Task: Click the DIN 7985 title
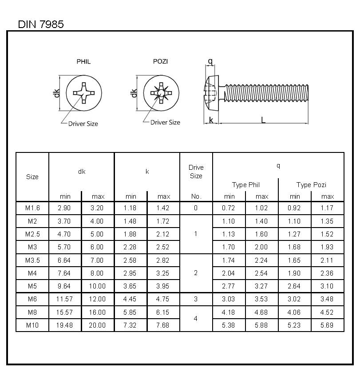tap(41, 24)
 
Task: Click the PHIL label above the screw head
tap(83, 61)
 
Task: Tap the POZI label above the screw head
tap(160, 61)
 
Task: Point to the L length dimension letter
tap(263, 120)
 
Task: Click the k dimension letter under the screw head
tap(211, 120)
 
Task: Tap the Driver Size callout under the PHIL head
tap(83, 124)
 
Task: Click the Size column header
tap(32, 177)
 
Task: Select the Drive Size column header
tap(196, 172)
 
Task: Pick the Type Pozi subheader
tap(311, 185)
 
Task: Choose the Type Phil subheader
tap(245, 185)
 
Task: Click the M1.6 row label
tap(32, 208)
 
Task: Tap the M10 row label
tap(32, 325)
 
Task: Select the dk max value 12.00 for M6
tap(98, 299)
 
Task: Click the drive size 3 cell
tap(196, 299)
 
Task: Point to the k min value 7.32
tap(131, 325)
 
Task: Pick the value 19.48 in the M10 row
tap(65, 325)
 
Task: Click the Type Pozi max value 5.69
tap(328, 325)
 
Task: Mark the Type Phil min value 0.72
tap(229, 208)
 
